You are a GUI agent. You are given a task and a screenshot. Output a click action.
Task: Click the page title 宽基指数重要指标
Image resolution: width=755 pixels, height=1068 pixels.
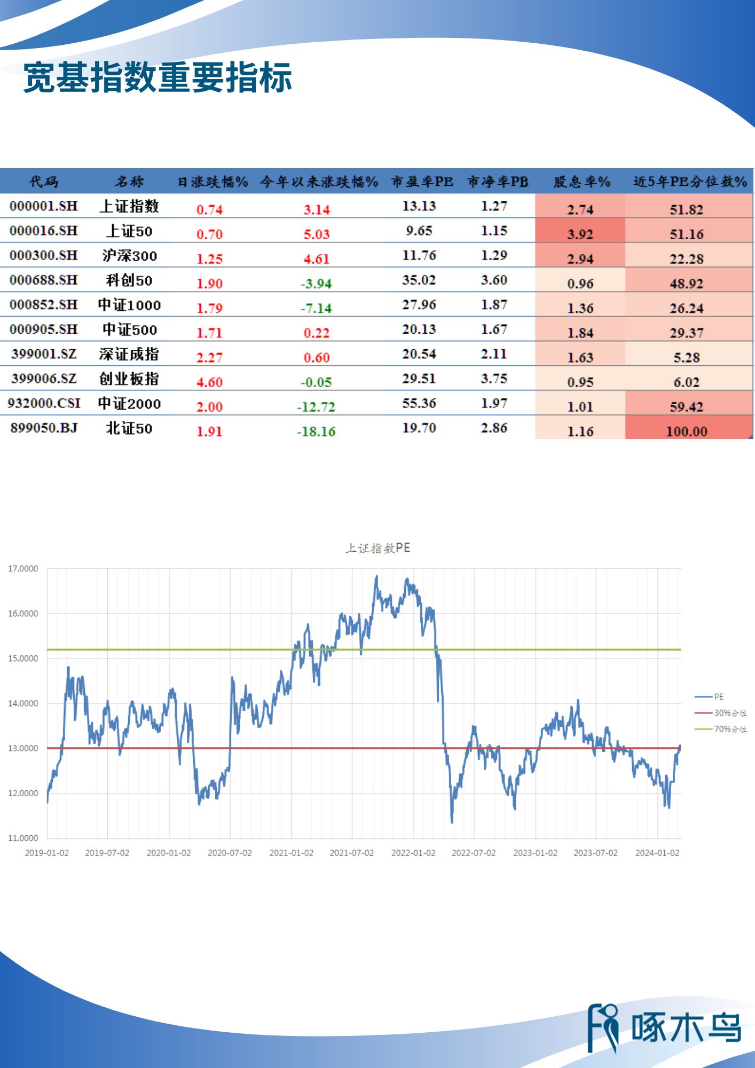coord(158,78)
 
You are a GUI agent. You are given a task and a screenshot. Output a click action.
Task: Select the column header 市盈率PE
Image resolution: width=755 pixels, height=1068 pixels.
coord(422,182)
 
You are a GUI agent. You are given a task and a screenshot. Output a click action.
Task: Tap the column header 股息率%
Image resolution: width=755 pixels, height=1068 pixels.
coord(581,182)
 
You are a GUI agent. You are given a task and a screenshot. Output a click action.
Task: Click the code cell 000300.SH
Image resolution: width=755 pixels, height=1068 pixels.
coord(44,255)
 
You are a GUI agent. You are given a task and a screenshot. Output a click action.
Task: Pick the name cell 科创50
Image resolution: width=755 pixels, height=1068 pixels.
coord(129,280)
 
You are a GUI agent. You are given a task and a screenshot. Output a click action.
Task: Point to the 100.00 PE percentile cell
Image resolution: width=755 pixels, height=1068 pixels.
coord(687,431)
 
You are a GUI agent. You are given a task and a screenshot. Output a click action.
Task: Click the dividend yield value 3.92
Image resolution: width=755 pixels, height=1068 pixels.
coord(580,234)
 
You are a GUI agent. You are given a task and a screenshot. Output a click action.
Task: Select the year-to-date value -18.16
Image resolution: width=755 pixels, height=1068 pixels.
coord(316,431)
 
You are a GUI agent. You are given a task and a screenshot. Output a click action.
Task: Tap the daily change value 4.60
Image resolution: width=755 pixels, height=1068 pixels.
coord(209,382)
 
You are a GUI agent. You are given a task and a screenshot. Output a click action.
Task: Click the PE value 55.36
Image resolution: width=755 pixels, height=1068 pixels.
coord(419,403)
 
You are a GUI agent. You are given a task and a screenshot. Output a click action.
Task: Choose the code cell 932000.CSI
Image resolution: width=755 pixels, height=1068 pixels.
coord(44,403)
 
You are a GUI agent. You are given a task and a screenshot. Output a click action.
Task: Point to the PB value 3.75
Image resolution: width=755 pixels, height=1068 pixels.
coord(494,379)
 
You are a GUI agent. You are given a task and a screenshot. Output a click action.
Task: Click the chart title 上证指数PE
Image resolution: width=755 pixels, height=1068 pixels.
coord(378,548)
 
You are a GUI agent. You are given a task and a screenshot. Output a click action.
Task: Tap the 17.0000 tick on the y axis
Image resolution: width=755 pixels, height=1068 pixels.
coord(23,569)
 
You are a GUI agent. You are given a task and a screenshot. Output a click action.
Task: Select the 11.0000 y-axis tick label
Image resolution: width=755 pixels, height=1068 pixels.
coord(23,838)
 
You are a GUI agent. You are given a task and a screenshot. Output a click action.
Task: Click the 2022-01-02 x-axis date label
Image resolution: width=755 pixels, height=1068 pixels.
coord(413,853)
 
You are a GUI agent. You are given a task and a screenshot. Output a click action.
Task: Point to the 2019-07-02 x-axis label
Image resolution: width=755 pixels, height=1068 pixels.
coord(107,853)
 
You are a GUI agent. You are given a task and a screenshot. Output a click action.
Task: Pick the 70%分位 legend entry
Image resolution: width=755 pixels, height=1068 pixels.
coord(730,729)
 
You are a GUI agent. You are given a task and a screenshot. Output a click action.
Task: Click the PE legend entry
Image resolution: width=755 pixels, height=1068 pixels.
coord(719,697)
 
